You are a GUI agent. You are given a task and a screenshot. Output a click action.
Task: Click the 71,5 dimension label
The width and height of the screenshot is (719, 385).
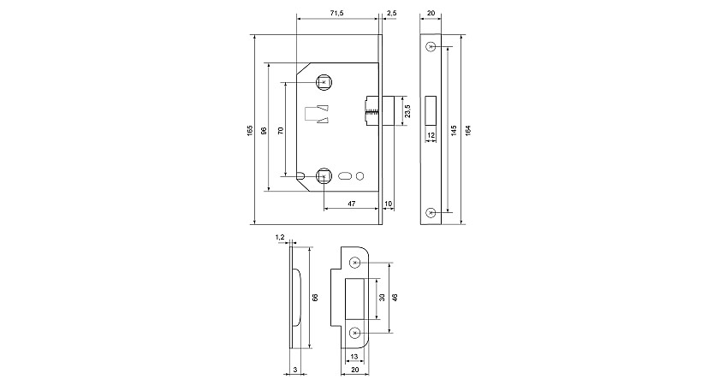coord(337,14)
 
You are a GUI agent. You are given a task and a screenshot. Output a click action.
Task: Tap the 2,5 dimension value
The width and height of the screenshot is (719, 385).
coord(392,14)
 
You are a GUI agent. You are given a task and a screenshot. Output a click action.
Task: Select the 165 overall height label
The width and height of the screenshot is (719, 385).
coord(249,130)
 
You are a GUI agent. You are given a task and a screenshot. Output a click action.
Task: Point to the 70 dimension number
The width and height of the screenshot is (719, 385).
coord(281,130)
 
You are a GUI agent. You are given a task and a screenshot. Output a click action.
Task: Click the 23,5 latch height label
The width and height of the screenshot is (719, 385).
coord(407,111)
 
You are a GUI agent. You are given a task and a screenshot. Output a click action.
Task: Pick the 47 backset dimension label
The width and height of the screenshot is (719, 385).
coord(352,203)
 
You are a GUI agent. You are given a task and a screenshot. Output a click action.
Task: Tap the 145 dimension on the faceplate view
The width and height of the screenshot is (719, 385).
coord(454,130)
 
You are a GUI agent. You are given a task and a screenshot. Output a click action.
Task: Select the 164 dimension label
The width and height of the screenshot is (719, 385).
coord(467,130)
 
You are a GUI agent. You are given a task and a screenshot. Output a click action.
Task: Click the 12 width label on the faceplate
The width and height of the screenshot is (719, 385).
coord(431,135)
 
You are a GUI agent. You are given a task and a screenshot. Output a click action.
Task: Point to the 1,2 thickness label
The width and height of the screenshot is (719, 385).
coord(280,237)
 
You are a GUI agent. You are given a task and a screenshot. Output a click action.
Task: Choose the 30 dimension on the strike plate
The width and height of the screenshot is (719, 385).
coord(382,298)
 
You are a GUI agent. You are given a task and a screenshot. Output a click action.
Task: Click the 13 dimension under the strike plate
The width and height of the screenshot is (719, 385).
coord(354,356)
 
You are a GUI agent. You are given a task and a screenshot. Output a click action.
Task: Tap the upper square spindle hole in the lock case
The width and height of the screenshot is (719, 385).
coord(324,82)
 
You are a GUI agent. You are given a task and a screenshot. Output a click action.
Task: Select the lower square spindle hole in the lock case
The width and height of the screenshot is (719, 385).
coord(324,176)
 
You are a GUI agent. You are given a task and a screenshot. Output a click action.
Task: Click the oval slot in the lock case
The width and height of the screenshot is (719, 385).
coord(345,176)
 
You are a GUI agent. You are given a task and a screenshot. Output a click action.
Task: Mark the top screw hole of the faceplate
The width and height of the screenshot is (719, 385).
coord(430,46)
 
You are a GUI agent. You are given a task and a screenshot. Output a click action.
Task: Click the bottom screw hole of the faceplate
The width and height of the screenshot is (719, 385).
coord(430,213)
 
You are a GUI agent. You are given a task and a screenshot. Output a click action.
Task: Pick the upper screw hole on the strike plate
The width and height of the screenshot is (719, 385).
coord(354,263)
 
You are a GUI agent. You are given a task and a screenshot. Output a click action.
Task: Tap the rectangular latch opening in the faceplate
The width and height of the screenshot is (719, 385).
coord(431,110)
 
